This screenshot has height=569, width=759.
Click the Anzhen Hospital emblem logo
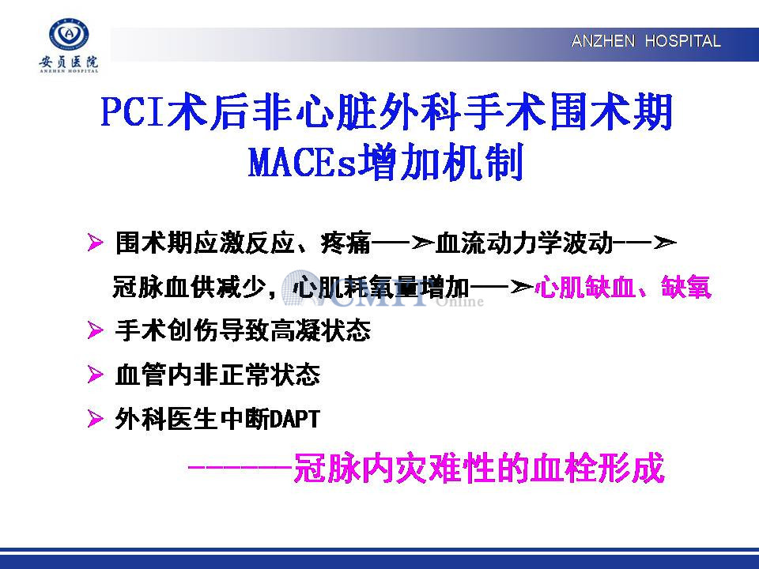tap(70, 36)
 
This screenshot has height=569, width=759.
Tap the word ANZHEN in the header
tap(602, 41)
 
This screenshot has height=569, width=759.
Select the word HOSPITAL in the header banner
tap(682, 41)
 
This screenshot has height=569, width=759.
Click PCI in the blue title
tap(132, 111)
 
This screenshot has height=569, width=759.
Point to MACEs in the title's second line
tap(302, 162)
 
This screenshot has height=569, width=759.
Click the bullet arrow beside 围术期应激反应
tap(95, 243)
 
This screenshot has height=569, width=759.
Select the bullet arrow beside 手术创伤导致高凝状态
tap(95, 331)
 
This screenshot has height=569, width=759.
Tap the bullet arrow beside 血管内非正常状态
tap(95, 375)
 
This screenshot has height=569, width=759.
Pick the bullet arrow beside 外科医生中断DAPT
tap(95, 419)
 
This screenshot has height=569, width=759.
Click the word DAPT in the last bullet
tap(294, 419)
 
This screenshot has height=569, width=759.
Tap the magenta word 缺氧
tap(686, 287)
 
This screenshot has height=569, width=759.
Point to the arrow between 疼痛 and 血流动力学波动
tap(402, 243)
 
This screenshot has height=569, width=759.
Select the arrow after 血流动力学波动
tap(644, 243)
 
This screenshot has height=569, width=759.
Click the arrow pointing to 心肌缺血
tap(501, 288)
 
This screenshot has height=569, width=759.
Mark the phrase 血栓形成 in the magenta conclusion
tap(599, 468)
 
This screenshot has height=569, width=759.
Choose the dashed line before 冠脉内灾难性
tap(240, 467)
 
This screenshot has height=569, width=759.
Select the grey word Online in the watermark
tap(460, 302)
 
